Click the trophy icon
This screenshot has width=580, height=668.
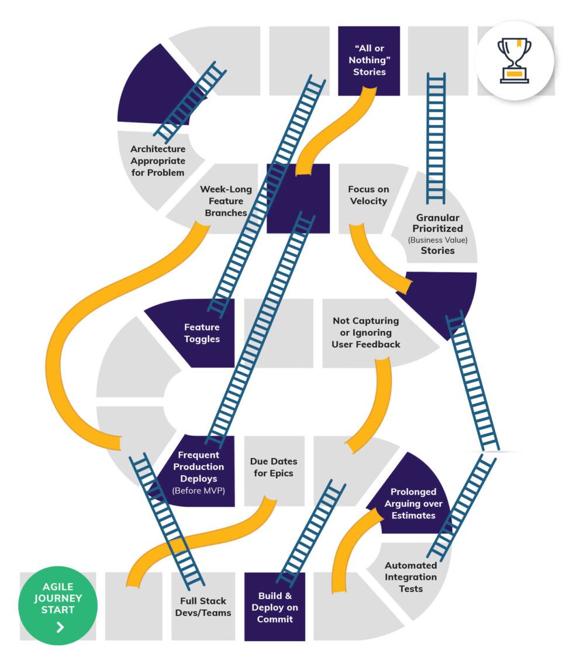515,60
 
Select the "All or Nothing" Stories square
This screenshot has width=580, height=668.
369,61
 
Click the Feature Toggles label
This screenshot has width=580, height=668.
202,333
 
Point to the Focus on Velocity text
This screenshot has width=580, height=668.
368,195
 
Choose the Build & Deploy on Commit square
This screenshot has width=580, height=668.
274,607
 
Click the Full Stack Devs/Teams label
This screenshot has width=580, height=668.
203,607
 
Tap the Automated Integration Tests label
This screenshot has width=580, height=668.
410,577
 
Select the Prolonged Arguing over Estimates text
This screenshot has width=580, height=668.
413,503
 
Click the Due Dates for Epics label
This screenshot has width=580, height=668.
274,467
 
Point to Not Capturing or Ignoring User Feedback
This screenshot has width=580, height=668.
366,332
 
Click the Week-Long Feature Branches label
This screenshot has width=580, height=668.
223,201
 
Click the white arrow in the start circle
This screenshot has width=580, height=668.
60,628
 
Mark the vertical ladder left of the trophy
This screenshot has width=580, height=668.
436,137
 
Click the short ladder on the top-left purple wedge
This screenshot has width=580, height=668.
192,102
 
